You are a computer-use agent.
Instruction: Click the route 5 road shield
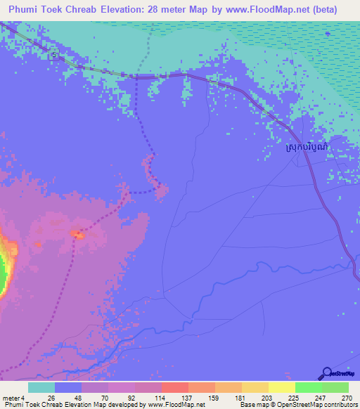click(x=53, y=56)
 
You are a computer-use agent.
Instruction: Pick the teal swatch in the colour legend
click(x=41, y=387)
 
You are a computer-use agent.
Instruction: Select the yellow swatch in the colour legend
click(x=282, y=387)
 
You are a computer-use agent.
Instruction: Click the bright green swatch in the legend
click(x=309, y=387)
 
